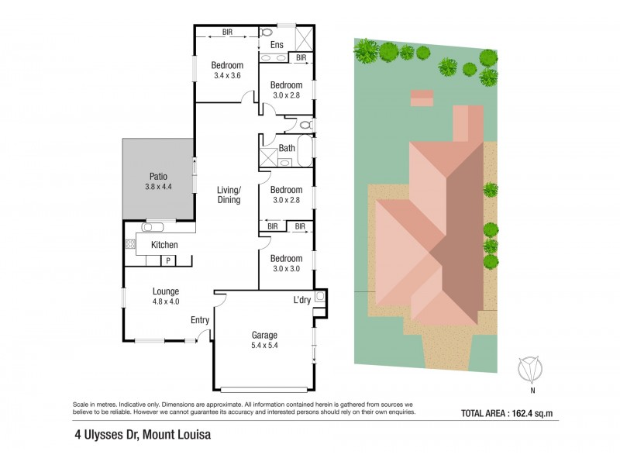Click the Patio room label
tap(157, 181)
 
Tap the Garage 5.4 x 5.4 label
tap(263, 340)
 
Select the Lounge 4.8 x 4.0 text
tap(166, 296)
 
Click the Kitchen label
tap(164, 245)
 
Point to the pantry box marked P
tap(167, 261)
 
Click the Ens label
tap(277, 45)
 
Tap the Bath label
tap(287, 148)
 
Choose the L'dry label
tap(302, 300)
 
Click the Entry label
tap(200, 320)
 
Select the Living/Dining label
tap(228, 195)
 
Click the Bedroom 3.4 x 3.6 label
tap(228, 71)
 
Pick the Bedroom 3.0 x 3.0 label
tap(286, 263)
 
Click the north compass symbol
tap(530, 369)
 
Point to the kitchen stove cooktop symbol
tap(130, 244)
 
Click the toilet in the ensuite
tap(266, 33)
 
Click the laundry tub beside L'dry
tap(320, 295)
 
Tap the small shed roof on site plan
tap(422, 98)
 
